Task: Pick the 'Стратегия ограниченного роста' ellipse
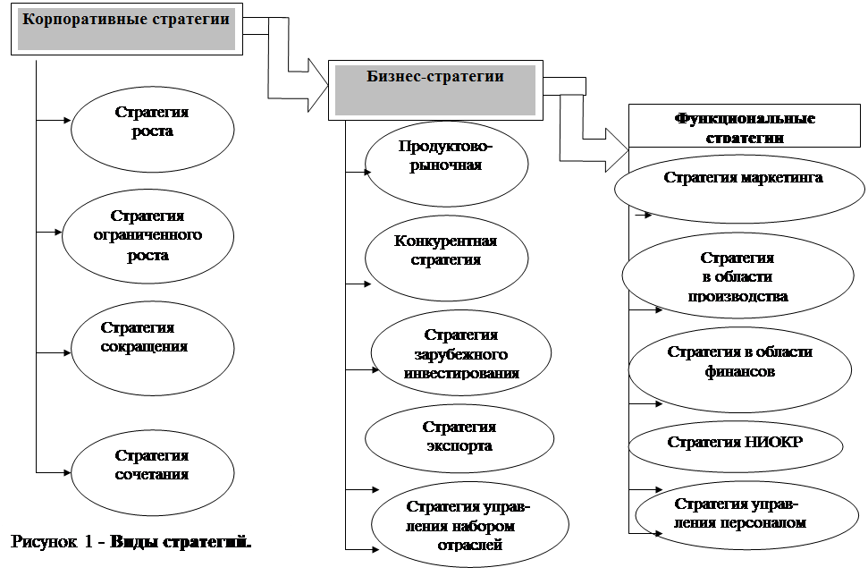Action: (x=147, y=236)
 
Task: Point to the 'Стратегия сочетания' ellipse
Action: (x=153, y=467)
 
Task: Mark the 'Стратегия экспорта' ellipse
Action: (x=458, y=436)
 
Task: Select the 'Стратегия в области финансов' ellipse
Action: (x=738, y=362)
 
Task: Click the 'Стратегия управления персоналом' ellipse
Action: (x=740, y=515)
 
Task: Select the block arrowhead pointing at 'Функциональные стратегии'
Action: (x=610, y=148)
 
